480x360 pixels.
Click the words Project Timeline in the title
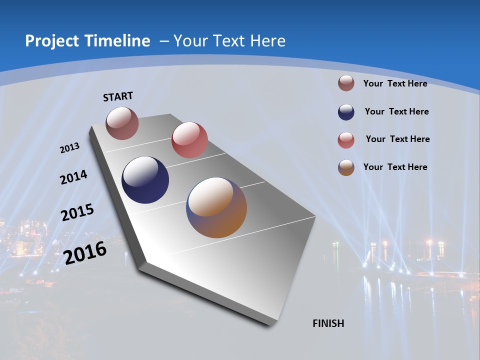[x=87, y=41]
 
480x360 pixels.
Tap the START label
[x=118, y=96]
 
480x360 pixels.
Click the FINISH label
[x=328, y=323]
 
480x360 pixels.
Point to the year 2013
[x=69, y=148]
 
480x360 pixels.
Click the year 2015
[x=77, y=212]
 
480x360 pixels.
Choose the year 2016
[x=85, y=252]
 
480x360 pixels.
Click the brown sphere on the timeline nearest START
[x=122, y=123]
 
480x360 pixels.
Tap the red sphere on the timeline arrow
[x=189, y=140]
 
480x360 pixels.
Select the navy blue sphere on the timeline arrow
[x=145, y=180]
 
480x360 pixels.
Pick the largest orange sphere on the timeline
[x=216, y=207]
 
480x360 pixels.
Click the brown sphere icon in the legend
[x=346, y=83]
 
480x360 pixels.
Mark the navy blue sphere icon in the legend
[x=346, y=112]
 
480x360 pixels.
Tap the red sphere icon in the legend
[x=346, y=140]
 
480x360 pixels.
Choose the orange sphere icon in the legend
[x=346, y=167]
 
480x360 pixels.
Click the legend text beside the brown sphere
[x=395, y=83]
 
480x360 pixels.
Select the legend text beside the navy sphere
[x=396, y=111]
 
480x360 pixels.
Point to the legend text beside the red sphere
[x=397, y=139]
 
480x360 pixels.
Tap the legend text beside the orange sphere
[x=395, y=167]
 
